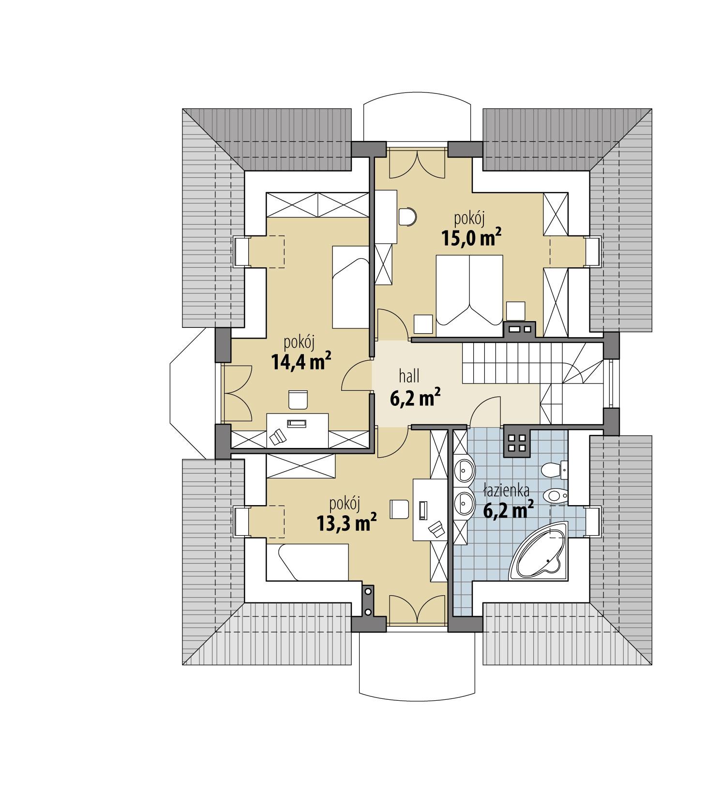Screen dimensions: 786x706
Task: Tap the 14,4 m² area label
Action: tap(300, 361)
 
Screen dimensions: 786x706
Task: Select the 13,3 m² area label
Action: tap(346, 523)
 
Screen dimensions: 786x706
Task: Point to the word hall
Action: tap(409, 375)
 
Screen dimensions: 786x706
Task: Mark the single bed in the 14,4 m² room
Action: tap(350, 286)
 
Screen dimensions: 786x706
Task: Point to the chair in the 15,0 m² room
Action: tap(407, 216)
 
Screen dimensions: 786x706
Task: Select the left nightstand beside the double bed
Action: tap(423, 324)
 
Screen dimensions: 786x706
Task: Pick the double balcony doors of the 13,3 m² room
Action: tap(417, 608)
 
